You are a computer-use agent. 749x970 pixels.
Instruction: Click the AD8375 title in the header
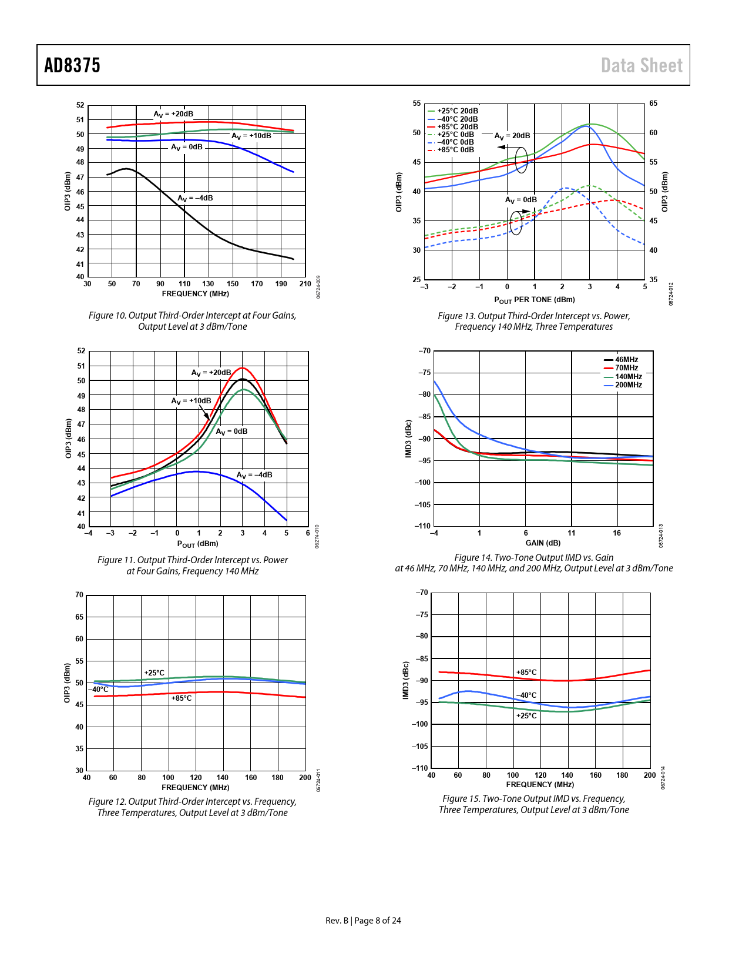pyautogui.click(x=72, y=65)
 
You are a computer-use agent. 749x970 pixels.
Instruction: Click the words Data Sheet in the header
pyautogui.click(x=641, y=65)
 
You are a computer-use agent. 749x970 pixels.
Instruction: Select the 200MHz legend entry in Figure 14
pyautogui.click(x=628, y=385)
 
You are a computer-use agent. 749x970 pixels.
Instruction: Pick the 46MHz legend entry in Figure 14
pyautogui.click(x=626, y=360)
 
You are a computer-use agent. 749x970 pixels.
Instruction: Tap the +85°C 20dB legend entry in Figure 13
pyautogui.click(x=457, y=126)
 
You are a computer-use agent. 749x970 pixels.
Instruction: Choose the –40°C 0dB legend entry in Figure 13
pyautogui.click(x=455, y=142)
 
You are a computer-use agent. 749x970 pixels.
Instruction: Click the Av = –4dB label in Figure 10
pyautogui.click(x=196, y=198)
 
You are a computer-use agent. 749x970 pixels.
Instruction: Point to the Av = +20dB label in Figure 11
pyautogui.click(x=211, y=373)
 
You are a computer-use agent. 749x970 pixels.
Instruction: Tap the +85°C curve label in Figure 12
pyautogui.click(x=182, y=698)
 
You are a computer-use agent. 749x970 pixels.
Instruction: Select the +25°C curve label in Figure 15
pyautogui.click(x=526, y=716)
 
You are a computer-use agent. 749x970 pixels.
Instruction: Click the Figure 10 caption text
pyautogui.click(x=193, y=321)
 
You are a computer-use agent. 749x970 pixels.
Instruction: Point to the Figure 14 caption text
pyautogui.click(x=533, y=563)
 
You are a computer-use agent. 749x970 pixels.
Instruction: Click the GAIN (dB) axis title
pyautogui.click(x=543, y=543)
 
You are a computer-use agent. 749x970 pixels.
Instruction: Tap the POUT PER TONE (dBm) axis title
pyautogui.click(x=534, y=300)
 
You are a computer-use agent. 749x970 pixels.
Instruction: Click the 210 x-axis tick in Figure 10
pyautogui.click(x=305, y=284)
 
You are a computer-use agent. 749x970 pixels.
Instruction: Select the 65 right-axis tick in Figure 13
pyautogui.click(x=653, y=103)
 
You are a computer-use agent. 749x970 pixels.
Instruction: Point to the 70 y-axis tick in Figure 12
pyautogui.click(x=79, y=595)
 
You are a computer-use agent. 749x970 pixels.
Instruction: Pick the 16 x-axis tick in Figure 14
pyautogui.click(x=617, y=533)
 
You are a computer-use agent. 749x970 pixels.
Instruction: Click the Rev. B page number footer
pyautogui.click(x=363, y=921)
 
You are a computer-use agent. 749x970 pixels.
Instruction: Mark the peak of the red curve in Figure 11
pyautogui.click(x=242, y=368)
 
